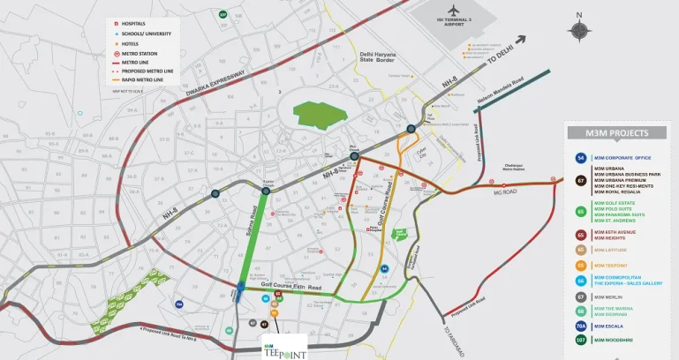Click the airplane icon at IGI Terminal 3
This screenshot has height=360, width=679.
pos(453,10)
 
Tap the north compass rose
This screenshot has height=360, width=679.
pos(579,30)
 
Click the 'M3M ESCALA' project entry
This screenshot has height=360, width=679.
pos(609,326)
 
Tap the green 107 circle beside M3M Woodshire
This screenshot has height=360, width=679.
pos(580,340)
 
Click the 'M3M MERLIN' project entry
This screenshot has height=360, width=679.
pos(607,296)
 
